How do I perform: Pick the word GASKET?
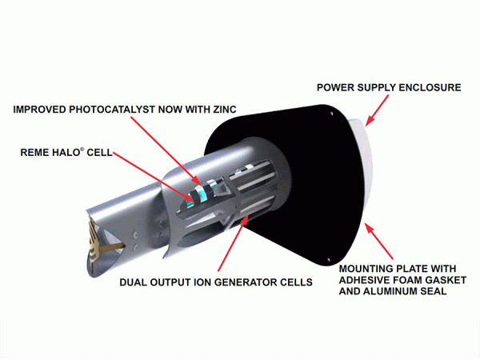point(439,281)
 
